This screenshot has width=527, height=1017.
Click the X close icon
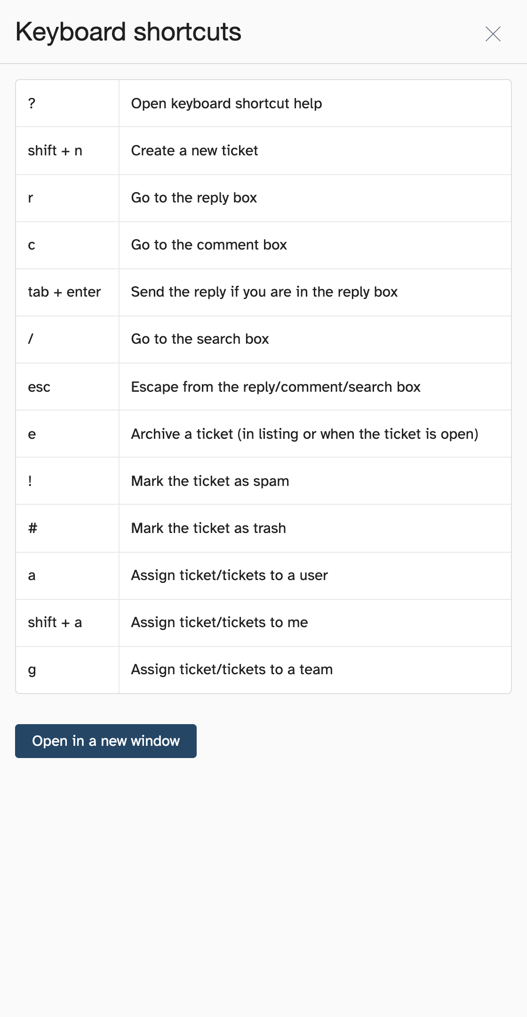(493, 34)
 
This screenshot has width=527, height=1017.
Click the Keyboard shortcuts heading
(128, 32)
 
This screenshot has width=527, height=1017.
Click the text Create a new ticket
(194, 151)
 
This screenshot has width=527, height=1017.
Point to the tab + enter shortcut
(64, 292)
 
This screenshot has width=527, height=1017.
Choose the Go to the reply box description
(194, 198)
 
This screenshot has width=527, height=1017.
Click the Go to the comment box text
(209, 245)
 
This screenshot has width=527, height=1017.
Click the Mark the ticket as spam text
(210, 481)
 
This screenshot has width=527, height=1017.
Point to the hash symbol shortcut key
(32, 528)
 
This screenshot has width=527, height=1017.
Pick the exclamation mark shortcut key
(30, 481)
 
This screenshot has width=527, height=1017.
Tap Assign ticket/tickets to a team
(232, 670)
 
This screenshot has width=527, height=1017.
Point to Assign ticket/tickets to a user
(229, 575)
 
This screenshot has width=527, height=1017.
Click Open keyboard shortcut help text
(226, 104)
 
